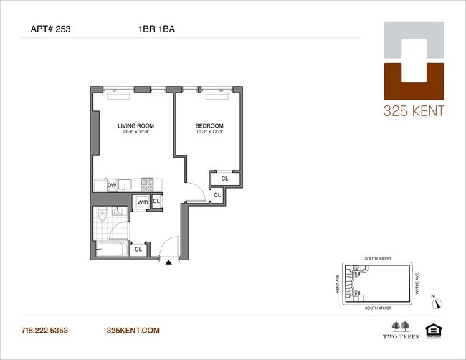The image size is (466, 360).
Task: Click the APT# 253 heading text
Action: [51, 30]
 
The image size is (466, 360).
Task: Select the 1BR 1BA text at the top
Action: [157, 30]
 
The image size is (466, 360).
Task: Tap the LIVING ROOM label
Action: [136, 125]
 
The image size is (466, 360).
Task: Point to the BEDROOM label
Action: [209, 125]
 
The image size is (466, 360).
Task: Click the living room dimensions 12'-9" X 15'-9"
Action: [136, 133]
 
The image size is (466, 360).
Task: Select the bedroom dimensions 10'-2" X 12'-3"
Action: [209, 133]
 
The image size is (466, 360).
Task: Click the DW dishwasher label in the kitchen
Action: [112, 186]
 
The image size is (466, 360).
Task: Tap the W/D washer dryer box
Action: [143, 202]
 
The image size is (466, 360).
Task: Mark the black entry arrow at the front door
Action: [169, 263]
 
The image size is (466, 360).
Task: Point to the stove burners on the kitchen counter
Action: [147, 185]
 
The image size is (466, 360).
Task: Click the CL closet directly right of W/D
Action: [156, 202]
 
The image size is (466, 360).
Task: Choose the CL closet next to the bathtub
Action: [138, 250]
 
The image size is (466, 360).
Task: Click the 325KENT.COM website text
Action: [132, 331]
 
